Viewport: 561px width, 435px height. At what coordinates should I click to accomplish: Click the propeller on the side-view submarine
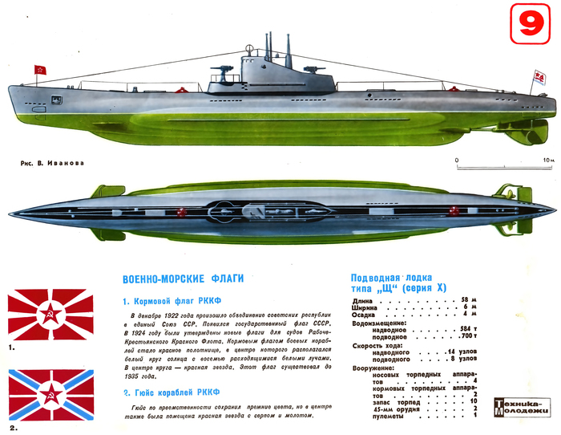[x=539, y=126]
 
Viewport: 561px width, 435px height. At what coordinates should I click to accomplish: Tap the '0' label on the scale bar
[x=457, y=161]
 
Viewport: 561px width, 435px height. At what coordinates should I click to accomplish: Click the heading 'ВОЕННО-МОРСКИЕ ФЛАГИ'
[x=179, y=280]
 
